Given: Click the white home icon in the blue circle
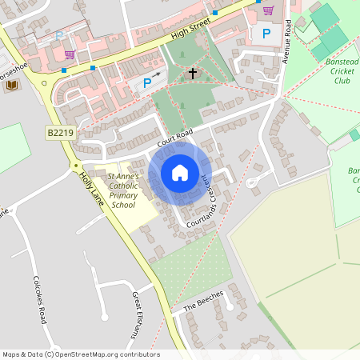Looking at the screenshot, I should [180, 172].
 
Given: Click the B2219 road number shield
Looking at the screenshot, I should [59, 133].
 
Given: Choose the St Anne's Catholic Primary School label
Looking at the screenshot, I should [123, 190].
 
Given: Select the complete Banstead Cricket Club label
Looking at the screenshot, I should [330, 69].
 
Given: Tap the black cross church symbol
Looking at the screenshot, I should [192, 74].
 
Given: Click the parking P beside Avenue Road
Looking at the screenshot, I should [266, 34].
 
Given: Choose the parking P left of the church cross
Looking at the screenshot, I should [147, 83].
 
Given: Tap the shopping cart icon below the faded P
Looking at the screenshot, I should [70, 54].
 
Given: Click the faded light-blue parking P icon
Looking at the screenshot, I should [59, 35].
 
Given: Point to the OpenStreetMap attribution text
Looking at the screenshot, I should [80, 354].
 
